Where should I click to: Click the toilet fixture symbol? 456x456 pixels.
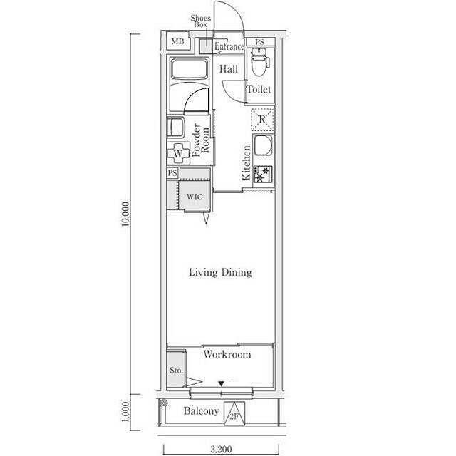(260, 62)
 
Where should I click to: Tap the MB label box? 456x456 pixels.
(177, 41)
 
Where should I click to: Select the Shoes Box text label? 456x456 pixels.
(201, 21)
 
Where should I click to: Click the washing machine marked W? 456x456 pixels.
(178, 153)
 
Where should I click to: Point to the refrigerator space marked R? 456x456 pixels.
(262, 119)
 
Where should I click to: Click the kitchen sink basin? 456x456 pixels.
(263, 145)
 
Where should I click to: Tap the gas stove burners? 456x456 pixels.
(263, 174)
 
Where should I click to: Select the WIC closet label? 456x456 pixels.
(195, 197)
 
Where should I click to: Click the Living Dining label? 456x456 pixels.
(220, 272)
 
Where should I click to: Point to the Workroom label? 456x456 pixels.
(227, 354)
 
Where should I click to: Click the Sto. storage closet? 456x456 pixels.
(176, 369)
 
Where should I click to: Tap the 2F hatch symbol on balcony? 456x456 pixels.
(234, 413)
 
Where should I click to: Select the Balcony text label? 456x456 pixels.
(201, 411)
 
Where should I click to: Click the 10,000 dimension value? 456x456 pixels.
(125, 214)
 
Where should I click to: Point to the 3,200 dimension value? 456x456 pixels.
(222, 450)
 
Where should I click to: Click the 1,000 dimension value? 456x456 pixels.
(125, 412)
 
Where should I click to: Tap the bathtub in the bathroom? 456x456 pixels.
(190, 69)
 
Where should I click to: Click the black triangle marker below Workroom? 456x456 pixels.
(222, 384)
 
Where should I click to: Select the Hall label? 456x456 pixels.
(229, 69)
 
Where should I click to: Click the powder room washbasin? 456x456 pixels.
(175, 128)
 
